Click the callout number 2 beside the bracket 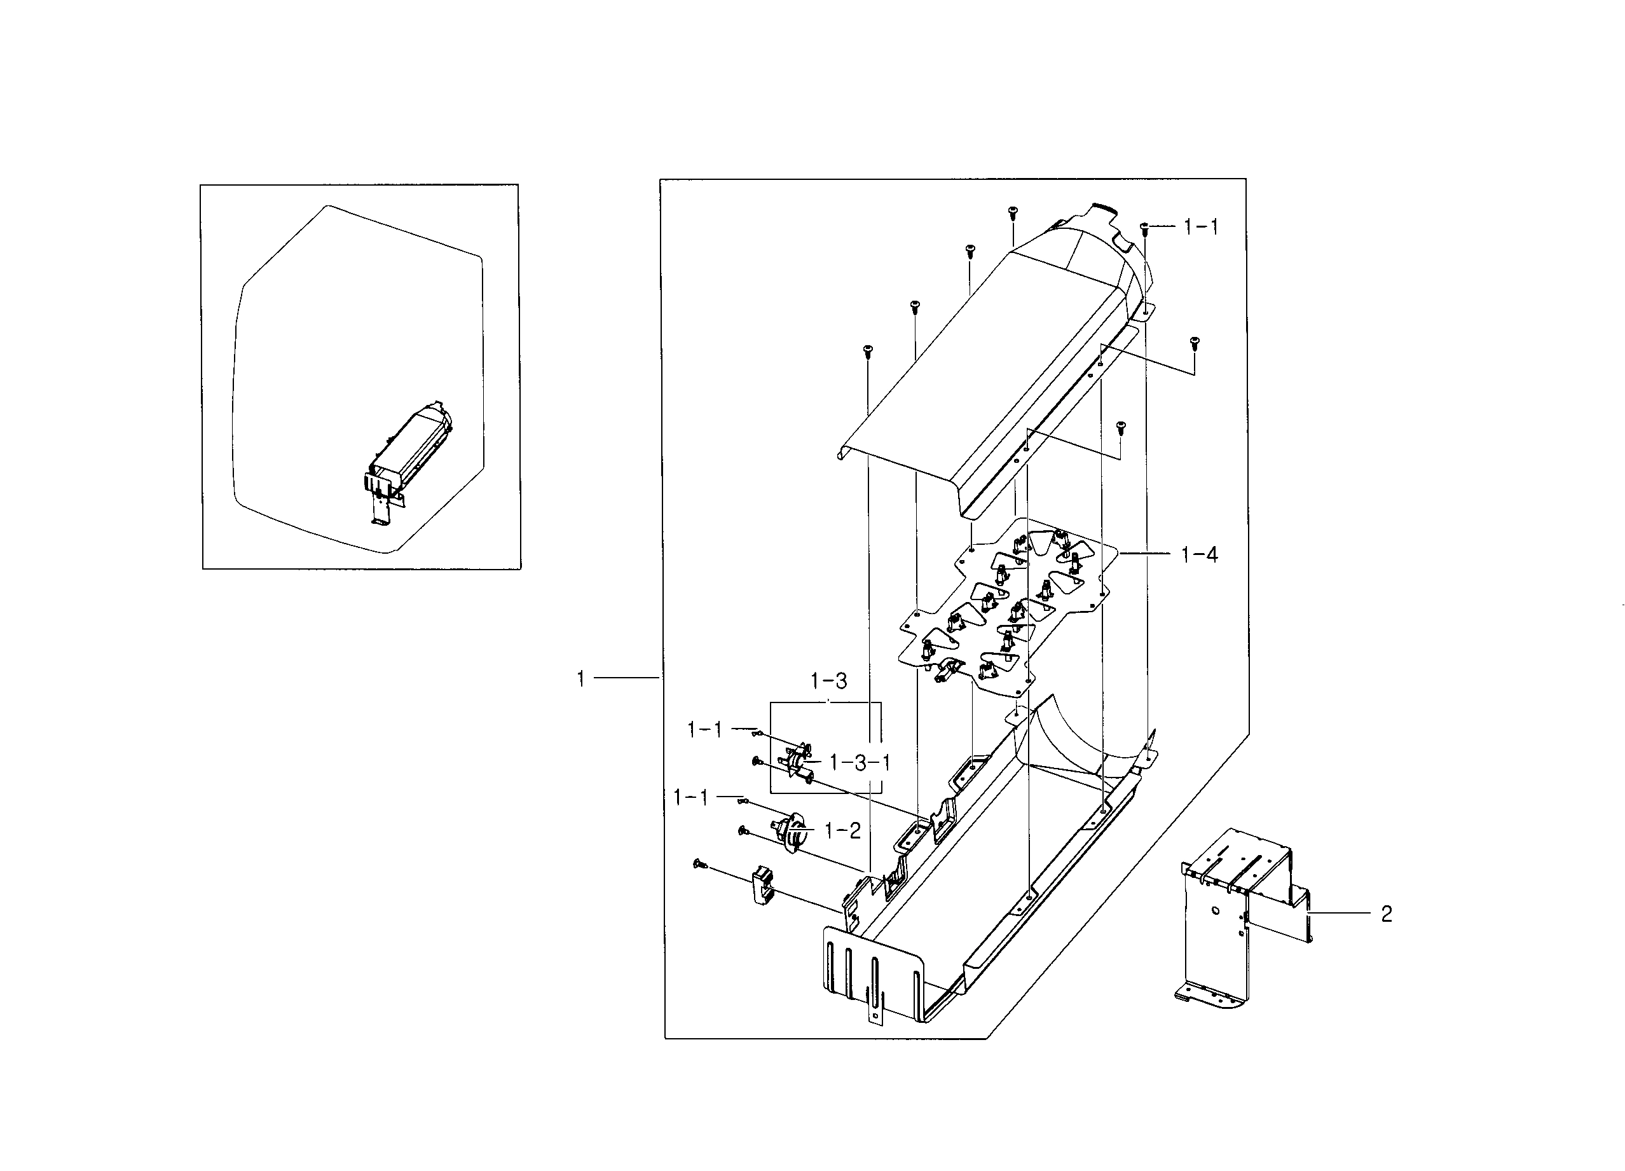click(x=1387, y=914)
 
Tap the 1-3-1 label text click(x=860, y=762)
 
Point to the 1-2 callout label click(x=842, y=831)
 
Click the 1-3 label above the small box click(x=829, y=681)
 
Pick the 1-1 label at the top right click(x=1202, y=227)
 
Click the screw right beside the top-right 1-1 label click(x=1144, y=227)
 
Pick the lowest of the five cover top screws click(x=867, y=350)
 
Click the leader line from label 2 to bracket click(x=1340, y=913)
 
